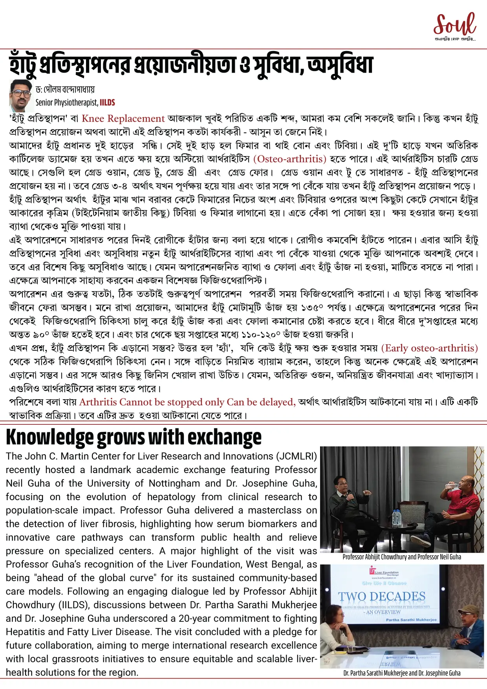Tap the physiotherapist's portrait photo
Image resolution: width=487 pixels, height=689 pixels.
tap(21, 96)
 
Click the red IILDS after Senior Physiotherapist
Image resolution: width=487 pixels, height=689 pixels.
tap(107, 103)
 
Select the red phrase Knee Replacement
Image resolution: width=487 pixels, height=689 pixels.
tap(123, 119)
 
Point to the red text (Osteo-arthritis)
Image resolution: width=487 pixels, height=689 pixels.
tap(290, 159)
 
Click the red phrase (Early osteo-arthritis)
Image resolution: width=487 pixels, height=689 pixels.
tap(430, 348)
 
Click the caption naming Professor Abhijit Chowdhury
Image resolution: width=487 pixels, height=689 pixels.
tap(401, 557)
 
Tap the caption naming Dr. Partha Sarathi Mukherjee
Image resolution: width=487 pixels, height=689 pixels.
tap(401, 673)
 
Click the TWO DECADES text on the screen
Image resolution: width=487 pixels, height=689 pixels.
tap(382, 596)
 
